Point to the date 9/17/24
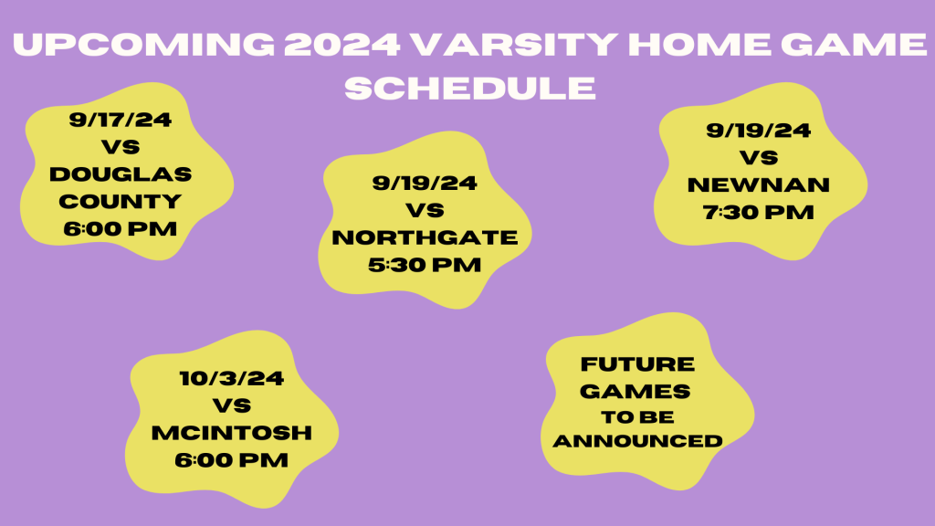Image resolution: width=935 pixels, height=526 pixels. coord(121,120)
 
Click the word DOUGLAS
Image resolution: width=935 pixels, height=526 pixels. coord(121,174)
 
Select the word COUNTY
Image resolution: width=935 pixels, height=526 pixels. coord(121,201)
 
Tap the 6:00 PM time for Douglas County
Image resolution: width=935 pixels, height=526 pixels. coord(121,228)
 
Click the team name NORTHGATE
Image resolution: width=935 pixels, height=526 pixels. coord(425,237)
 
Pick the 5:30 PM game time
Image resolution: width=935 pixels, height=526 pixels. coord(425,265)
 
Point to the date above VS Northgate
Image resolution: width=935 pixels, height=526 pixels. coord(425,184)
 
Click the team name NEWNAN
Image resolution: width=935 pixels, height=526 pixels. coord(759,185)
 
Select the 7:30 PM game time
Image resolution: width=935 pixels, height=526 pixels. coord(759,213)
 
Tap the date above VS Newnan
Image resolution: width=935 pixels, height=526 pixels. coord(759,131)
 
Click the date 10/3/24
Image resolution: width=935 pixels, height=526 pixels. coord(232,377)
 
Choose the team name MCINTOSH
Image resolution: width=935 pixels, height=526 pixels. coord(232,432)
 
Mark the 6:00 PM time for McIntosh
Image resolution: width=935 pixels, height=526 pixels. coord(232,459)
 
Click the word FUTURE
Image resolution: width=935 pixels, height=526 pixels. coord(637,364)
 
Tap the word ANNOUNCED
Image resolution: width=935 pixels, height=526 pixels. coord(638,441)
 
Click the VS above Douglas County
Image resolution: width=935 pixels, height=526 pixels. coord(121,147)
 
